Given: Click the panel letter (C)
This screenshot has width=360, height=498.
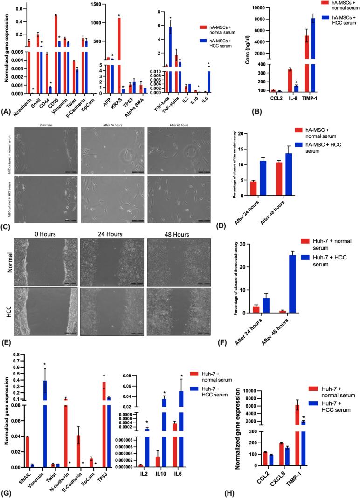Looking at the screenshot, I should [x=6, y=228].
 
